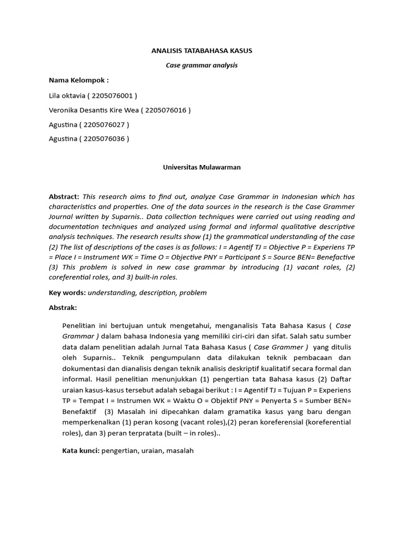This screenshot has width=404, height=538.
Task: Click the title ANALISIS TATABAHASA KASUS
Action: (202, 51)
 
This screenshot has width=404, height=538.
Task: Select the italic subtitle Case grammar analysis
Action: (202, 66)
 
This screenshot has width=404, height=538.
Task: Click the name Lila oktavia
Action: (70, 96)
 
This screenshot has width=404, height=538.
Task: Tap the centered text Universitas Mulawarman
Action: (202, 167)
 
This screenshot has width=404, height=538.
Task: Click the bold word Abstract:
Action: (64, 196)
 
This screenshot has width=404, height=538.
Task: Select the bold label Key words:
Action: (67, 293)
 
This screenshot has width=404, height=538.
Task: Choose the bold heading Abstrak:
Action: (63, 307)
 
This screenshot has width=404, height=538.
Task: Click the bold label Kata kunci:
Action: (80, 451)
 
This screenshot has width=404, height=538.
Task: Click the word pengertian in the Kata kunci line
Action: (119, 451)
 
